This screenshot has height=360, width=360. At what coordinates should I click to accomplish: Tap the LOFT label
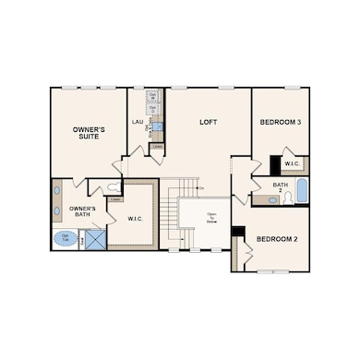click(x=210, y=122)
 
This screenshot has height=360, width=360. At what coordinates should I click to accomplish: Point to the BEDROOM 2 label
click(x=276, y=239)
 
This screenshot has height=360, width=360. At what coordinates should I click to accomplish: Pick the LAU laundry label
click(x=137, y=121)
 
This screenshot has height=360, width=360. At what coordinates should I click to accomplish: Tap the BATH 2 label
click(x=281, y=187)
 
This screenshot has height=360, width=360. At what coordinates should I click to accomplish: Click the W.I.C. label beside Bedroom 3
click(x=293, y=164)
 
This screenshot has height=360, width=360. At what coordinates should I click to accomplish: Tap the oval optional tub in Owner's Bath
click(x=66, y=238)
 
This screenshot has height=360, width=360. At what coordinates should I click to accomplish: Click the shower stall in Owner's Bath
click(x=94, y=239)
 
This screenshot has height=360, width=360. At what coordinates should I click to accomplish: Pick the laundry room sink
click(x=156, y=126)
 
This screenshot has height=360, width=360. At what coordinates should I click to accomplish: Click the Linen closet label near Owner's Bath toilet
click(x=115, y=198)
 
